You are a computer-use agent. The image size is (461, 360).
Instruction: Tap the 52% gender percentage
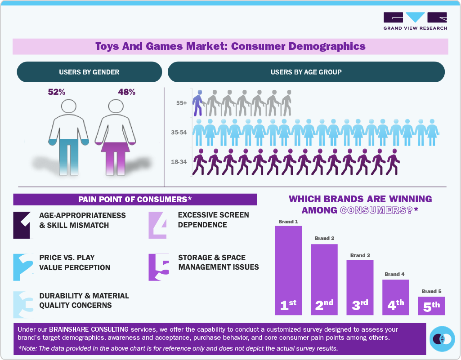[57, 92]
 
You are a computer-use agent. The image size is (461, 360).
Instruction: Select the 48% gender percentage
[127, 92]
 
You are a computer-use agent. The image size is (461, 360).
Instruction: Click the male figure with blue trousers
[69, 135]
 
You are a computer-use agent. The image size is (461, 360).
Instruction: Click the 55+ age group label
[182, 103]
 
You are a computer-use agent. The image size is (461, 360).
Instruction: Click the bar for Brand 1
[288, 270]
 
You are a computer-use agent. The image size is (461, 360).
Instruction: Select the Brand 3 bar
[360, 287]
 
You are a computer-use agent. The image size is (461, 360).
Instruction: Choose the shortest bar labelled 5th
[431, 306]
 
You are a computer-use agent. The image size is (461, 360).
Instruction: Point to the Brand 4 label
[394, 274]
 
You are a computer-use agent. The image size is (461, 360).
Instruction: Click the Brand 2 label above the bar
[324, 238]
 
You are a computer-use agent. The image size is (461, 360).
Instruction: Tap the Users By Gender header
[89, 72]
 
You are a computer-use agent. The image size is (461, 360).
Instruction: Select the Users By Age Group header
[306, 72]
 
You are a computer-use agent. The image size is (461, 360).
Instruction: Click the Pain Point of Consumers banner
[135, 200]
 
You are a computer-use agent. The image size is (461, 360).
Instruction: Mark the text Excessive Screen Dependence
[213, 220]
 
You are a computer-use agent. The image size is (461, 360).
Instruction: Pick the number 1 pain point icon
[23, 225]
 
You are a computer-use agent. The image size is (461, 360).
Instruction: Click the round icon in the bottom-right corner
[442, 338]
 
